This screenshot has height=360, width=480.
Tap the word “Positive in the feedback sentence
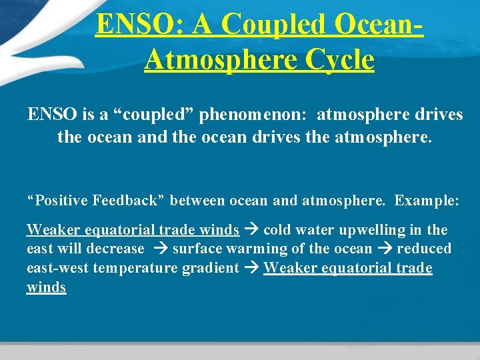click(x=57, y=199)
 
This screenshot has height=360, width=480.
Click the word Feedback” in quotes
click(x=131, y=199)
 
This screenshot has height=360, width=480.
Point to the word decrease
click(x=120, y=249)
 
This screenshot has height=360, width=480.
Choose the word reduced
click(x=424, y=249)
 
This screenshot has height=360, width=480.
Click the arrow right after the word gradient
click(x=251, y=268)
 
